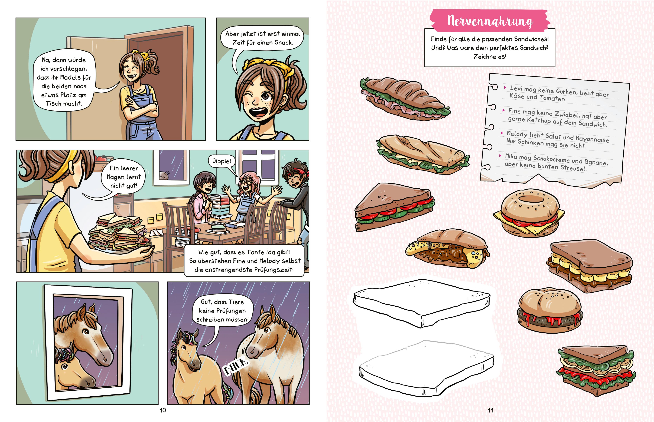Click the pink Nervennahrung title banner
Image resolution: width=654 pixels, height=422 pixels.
tap(490, 21)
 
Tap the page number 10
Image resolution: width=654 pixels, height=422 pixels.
tap(163, 410)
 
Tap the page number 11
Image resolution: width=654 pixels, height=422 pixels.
tap(490, 410)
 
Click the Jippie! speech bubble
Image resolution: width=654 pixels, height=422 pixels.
tap(222, 161)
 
